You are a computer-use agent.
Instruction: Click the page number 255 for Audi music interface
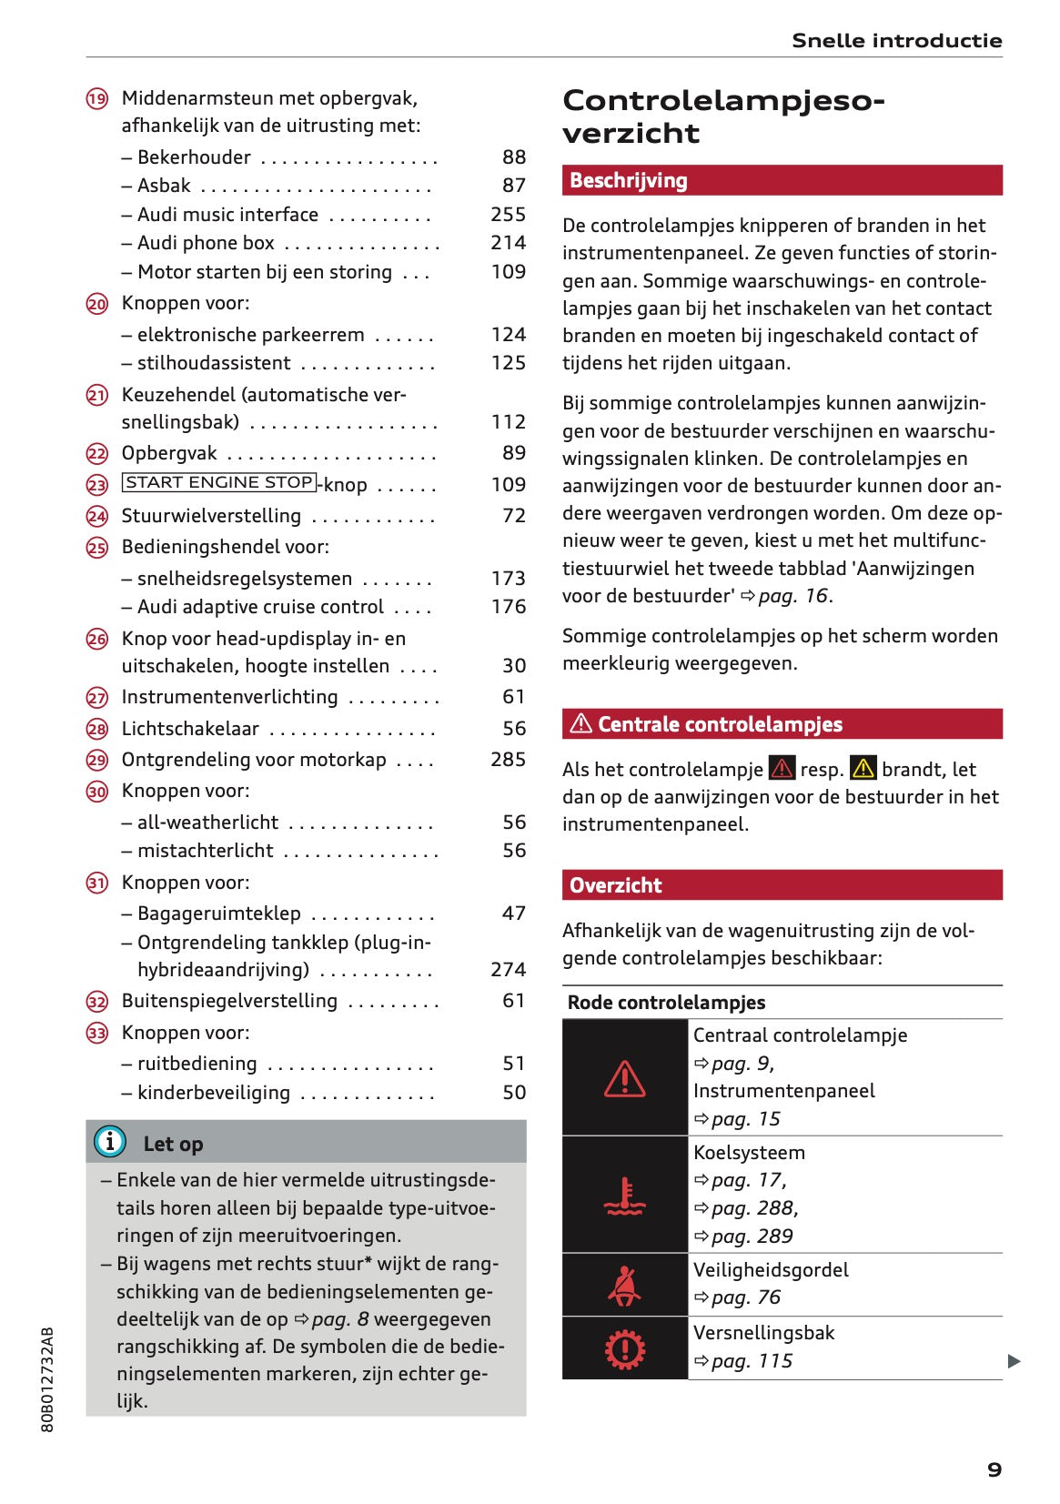508,215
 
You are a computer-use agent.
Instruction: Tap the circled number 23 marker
97,485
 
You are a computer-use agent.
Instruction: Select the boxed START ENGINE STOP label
219,483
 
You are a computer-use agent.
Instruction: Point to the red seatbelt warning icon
624,1286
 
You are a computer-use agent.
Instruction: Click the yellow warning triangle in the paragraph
863,769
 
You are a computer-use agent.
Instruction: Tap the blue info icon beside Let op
110,1141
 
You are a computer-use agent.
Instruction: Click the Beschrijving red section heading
629,181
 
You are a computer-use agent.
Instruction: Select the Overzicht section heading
616,885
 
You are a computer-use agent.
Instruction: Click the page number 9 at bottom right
994,1469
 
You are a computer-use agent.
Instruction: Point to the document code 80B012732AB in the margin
48,1379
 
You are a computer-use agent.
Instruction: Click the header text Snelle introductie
896,41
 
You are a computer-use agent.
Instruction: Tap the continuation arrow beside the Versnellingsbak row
1014,1362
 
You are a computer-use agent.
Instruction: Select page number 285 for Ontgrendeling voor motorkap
508,760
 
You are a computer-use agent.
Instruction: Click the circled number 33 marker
97,1034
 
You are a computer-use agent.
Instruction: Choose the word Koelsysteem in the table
749,1153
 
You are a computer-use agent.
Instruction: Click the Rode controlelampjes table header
666,1003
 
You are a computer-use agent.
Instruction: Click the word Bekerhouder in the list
194,157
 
